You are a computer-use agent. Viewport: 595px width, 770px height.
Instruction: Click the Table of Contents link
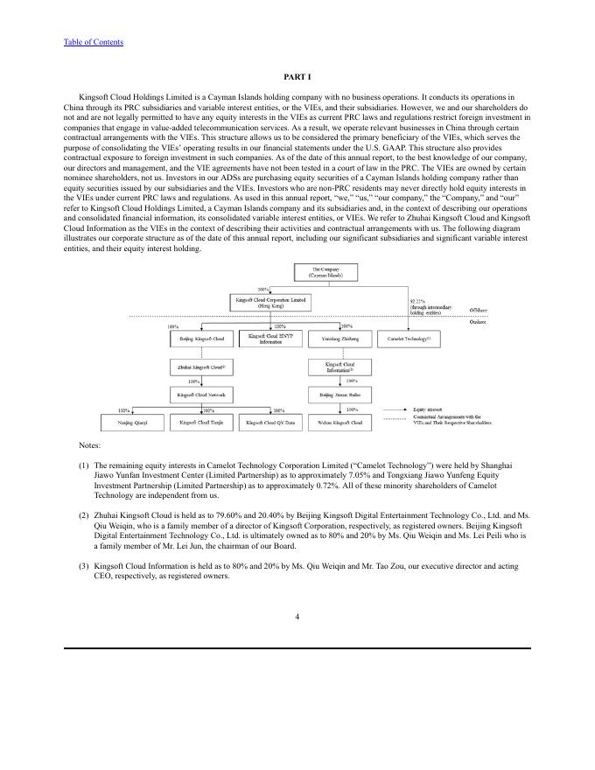tap(94, 42)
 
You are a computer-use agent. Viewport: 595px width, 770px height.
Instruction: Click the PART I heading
tap(297, 78)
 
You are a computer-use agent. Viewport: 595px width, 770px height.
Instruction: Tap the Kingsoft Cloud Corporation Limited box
tap(269, 302)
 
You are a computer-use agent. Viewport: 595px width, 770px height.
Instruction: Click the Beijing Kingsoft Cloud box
tap(201, 339)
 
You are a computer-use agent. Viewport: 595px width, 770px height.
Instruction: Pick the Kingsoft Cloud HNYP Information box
tap(270, 339)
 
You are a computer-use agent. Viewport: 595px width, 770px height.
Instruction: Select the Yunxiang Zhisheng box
tap(341, 339)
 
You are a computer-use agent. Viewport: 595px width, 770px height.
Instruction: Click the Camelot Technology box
tap(409, 339)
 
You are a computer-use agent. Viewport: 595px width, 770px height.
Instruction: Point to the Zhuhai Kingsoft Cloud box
tap(201, 367)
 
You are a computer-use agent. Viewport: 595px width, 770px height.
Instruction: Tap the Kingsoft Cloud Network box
tap(201, 395)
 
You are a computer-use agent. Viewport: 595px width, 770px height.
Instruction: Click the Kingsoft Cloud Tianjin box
tap(201, 423)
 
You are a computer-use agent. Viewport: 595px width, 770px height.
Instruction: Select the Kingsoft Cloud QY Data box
tap(270, 423)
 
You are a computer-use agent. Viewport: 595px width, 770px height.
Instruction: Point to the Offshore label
tap(479, 310)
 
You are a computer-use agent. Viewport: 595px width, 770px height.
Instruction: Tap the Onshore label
tap(479, 323)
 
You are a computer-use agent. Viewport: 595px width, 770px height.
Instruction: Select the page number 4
tap(297, 616)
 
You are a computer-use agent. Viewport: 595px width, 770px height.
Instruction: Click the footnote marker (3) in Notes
tap(84, 566)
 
